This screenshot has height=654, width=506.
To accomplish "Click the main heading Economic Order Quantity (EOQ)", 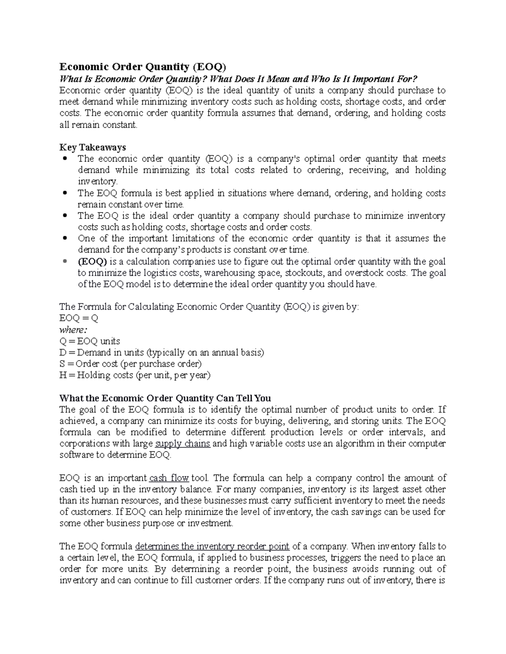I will [143, 67].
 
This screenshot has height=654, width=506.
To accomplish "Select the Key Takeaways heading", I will [93, 147].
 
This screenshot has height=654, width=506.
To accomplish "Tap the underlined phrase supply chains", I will [183, 444].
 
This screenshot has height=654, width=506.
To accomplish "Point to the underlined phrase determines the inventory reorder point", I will [212, 547].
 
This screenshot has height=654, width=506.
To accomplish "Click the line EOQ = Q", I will [79, 318].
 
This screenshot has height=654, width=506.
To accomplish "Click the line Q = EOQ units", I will [90, 341].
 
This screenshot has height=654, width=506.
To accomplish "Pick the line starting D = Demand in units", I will [162, 352].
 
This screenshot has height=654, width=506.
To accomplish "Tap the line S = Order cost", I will [131, 364].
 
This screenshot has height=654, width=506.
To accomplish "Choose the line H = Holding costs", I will [135, 375].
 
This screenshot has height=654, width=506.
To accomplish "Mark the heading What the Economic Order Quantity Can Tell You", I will [165, 398].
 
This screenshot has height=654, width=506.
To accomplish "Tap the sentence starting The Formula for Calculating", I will [209, 307].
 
